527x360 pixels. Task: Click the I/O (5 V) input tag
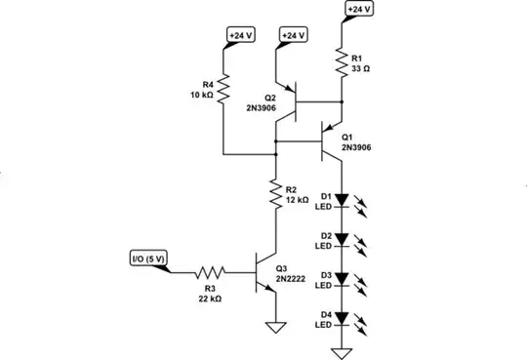149,259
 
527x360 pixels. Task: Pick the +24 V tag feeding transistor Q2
293,35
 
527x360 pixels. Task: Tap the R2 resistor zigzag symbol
276,192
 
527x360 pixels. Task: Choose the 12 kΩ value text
298,199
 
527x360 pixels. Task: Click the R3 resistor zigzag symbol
210,273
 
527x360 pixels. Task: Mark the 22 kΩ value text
208,298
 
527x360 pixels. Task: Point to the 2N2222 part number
291,278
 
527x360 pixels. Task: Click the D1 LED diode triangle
342,200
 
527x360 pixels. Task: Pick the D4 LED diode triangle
342,317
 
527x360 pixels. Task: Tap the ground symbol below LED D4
342,349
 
